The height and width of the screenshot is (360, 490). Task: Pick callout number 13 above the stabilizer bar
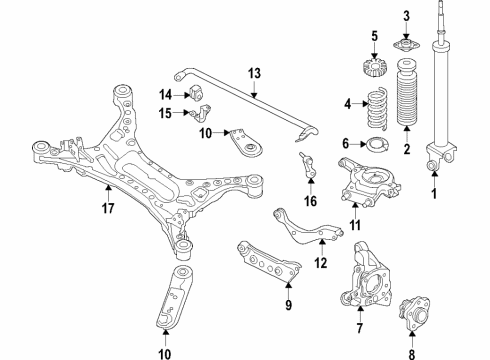[x=254, y=73]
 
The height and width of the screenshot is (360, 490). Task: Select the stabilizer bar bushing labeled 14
[x=198, y=92]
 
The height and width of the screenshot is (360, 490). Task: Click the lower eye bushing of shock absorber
[x=434, y=162]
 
